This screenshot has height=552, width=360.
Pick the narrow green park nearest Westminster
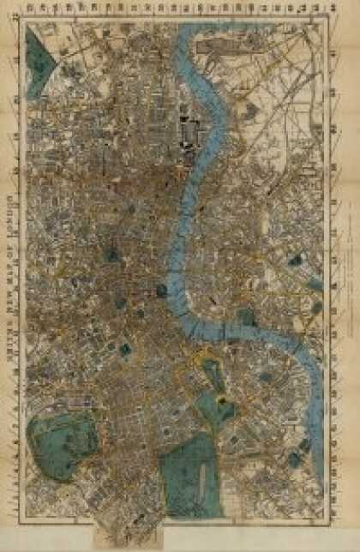211,374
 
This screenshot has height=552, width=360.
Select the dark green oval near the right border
296,259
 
